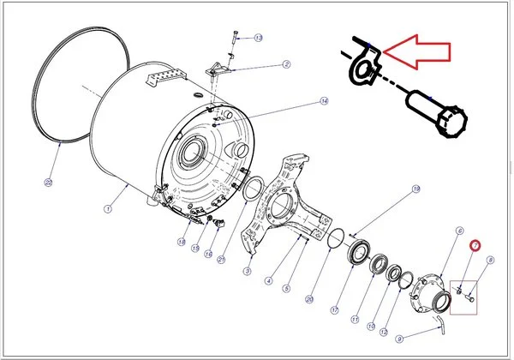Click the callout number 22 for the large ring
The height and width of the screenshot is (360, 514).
coord(49,182)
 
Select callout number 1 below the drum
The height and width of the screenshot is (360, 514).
coord(109,208)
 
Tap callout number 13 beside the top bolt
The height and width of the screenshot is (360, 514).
coord(259,38)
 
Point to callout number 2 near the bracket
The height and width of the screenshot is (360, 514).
coord(286,63)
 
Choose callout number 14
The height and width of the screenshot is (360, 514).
coord(324,101)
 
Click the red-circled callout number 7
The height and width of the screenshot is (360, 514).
coord(472,246)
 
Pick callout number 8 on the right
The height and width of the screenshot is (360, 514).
coord(490,260)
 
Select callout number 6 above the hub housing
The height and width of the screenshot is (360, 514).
coord(459,231)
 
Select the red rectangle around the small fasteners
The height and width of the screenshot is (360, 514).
coord(464,296)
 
